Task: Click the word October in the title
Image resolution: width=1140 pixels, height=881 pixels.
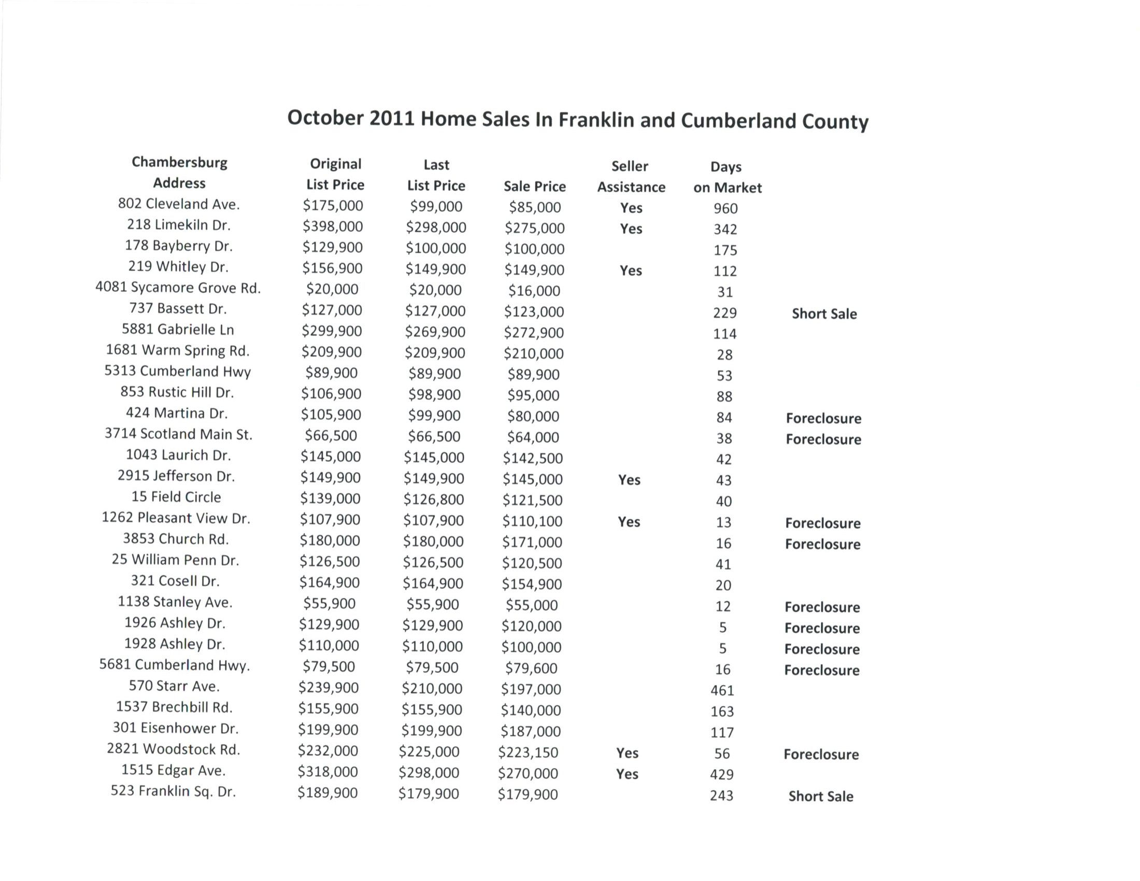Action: point(325,118)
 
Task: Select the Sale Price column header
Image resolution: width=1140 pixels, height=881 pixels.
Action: point(535,187)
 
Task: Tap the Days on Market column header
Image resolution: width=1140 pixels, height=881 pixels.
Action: point(727,177)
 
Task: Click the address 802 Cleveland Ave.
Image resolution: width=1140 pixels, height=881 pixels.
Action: point(179,204)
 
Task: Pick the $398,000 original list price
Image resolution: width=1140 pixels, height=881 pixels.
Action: point(333,226)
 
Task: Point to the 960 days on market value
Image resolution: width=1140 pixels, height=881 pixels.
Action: point(725,209)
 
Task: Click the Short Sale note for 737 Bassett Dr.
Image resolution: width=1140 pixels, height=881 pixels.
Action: point(824,314)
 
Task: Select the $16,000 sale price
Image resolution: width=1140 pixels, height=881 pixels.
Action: point(534,291)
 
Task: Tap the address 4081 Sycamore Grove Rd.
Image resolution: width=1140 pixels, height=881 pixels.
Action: point(178,288)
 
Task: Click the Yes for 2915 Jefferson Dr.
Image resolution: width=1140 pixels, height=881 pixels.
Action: point(629,480)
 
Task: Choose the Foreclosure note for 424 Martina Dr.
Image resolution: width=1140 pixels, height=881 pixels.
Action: point(824,418)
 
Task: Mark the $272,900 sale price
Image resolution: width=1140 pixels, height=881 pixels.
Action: point(533,333)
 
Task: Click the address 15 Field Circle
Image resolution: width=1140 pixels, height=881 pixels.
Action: point(176,497)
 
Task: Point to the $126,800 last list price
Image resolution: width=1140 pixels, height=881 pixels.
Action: point(433,500)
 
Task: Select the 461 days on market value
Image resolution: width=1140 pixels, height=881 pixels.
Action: point(722,690)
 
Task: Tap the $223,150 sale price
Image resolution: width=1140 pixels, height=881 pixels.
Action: point(528,752)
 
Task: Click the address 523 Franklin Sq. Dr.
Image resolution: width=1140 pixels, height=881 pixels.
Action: point(173,791)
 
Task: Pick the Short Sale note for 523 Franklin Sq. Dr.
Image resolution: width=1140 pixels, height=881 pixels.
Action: point(821,797)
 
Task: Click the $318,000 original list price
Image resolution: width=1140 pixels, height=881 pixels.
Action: point(328,772)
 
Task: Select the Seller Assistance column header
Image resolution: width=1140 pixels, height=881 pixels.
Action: point(631,176)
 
